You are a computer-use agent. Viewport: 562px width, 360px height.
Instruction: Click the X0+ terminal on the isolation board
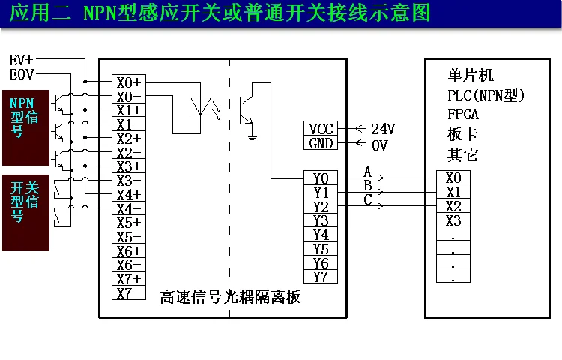coord(129,82)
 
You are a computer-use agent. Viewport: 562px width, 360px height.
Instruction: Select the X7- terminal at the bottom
coord(129,293)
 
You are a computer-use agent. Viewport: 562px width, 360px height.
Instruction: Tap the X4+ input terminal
coord(129,194)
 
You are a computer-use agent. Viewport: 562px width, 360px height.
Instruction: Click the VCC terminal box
coord(321,129)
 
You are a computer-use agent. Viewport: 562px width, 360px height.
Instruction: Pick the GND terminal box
coord(321,143)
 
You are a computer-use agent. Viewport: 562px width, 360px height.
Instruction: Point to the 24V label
coord(382,129)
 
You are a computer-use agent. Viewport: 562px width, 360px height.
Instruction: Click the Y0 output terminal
coord(321,178)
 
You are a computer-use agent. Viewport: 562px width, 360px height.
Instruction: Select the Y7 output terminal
coord(321,277)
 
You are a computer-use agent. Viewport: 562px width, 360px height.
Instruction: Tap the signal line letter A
coord(367,172)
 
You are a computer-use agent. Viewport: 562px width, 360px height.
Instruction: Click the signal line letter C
coord(367,199)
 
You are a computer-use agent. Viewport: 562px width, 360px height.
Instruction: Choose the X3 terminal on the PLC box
coord(453,220)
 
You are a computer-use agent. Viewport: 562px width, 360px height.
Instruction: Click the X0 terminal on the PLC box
coord(453,178)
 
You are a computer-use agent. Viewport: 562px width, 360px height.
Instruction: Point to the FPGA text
coord(462,115)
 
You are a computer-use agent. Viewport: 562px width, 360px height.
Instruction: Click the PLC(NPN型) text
coord(485,95)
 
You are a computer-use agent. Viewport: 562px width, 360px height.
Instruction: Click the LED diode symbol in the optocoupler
coord(199,106)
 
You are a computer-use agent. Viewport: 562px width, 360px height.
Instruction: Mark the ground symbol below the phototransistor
coord(253,136)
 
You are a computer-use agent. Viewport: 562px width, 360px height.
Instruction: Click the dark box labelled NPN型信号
coord(26,127)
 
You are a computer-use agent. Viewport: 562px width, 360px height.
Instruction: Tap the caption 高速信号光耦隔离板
coord(231,297)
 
